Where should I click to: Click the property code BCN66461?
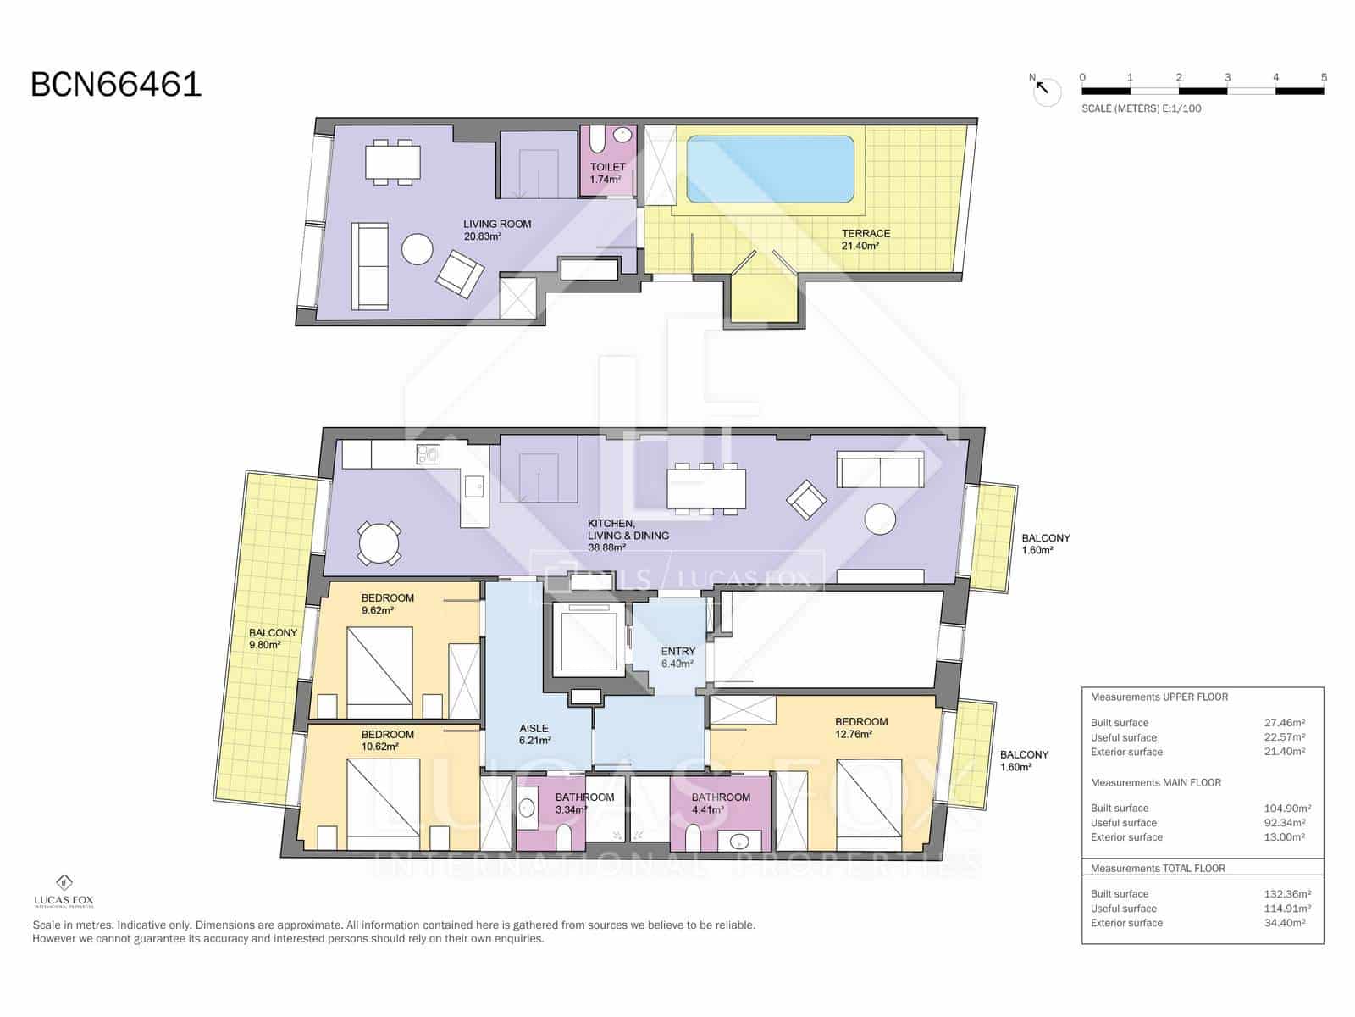(116, 85)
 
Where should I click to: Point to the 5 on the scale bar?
(1324, 77)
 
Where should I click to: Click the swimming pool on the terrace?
(769, 169)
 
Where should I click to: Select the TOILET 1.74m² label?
(607, 173)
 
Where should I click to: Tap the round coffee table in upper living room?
(418, 249)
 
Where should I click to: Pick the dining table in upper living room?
(393, 163)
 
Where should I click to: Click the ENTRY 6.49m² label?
(677, 658)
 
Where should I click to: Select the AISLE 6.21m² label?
(534, 734)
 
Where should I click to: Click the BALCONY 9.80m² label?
(273, 638)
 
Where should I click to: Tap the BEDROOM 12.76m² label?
(860, 728)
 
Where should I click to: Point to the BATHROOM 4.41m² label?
(720, 803)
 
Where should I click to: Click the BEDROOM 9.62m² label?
(387, 603)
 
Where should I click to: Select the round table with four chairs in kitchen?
(379, 543)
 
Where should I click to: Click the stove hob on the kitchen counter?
(429, 455)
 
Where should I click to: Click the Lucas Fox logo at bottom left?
(64, 891)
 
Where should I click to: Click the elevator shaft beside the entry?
(589, 640)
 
